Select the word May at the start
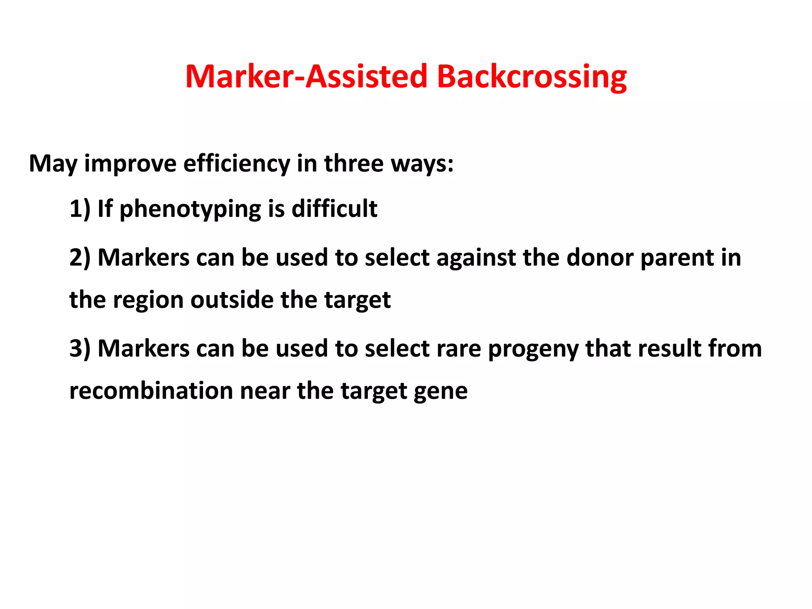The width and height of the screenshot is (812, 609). click(53, 163)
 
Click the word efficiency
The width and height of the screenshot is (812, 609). click(237, 163)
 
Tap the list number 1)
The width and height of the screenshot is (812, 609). click(80, 209)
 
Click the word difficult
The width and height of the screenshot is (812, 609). click(335, 209)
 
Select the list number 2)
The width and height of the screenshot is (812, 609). click(80, 258)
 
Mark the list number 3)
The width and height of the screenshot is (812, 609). click(80, 349)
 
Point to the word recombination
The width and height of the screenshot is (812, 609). click(151, 391)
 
